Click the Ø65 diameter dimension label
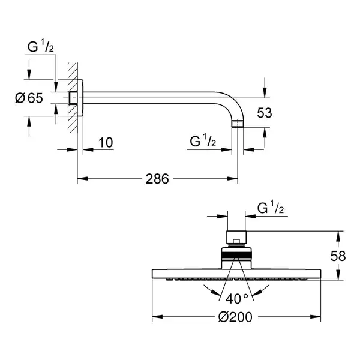[29, 98]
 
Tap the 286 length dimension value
[157, 179]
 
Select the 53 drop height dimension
[265, 113]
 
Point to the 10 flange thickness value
[106, 143]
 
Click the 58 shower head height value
[338, 256]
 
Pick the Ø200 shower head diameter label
[235, 317]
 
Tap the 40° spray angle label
[237, 299]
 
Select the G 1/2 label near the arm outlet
[203, 140]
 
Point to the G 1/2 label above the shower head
[271, 208]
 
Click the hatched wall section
[73, 98]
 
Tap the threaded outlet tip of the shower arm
[238, 124]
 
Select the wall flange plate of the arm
[80, 98]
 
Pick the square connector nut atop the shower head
[236, 238]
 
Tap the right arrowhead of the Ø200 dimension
[315, 317]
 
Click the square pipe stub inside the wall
[73, 98]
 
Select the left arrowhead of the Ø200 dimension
[157, 317]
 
